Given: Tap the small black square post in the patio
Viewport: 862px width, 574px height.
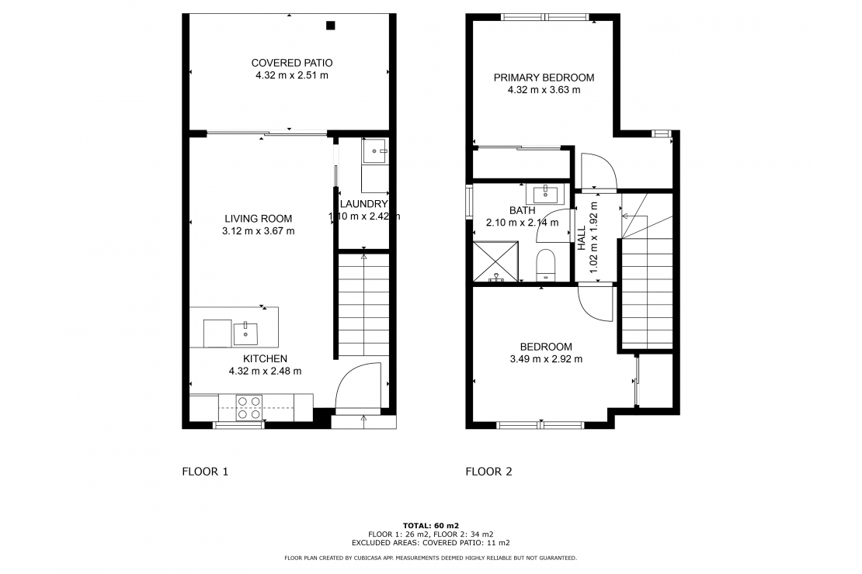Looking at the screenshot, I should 330,26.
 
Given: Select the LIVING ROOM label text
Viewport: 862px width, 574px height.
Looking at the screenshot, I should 259,218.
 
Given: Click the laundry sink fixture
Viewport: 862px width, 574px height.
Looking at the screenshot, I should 374,151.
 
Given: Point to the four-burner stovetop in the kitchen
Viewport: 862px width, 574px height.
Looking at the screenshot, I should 249,408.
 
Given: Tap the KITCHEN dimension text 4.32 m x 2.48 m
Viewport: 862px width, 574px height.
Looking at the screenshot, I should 265,371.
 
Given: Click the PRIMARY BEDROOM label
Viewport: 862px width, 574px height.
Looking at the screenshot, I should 544,78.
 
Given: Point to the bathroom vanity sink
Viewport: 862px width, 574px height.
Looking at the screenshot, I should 549,192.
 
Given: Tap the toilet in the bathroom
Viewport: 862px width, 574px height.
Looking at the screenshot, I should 547,264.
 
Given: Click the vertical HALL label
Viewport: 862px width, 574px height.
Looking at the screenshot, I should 582,237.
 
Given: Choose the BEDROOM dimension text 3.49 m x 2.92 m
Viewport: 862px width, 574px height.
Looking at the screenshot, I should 546,359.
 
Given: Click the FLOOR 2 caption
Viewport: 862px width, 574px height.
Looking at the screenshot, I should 488,471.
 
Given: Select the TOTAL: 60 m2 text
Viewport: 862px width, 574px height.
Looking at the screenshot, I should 430,525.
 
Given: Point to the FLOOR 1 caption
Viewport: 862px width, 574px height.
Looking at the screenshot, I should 205,471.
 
